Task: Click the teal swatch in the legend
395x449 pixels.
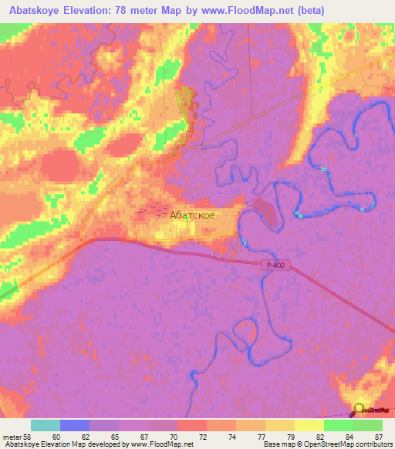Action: [46, 426]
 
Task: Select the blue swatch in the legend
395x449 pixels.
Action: [75, 426]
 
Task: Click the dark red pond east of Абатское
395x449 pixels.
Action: [264, 210]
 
